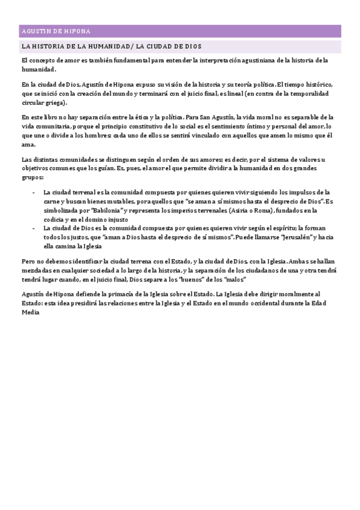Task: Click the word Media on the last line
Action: [x=29, y=313]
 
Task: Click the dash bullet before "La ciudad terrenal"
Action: [x=33, y=192]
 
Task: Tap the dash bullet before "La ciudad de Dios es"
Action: [x=33, y=229]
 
